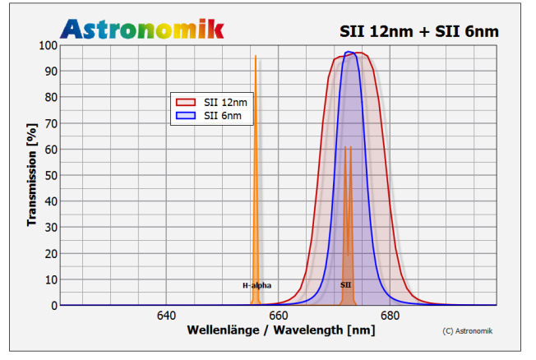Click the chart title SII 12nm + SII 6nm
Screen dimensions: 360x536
coord(418,31)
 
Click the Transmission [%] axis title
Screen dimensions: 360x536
coord(31,174)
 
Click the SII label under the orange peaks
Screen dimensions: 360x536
coord(346,285)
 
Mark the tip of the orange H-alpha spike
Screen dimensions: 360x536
coord(256,56)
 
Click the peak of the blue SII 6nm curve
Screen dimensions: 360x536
coord(349,52)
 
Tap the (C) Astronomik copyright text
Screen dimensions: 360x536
coord(469,331)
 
